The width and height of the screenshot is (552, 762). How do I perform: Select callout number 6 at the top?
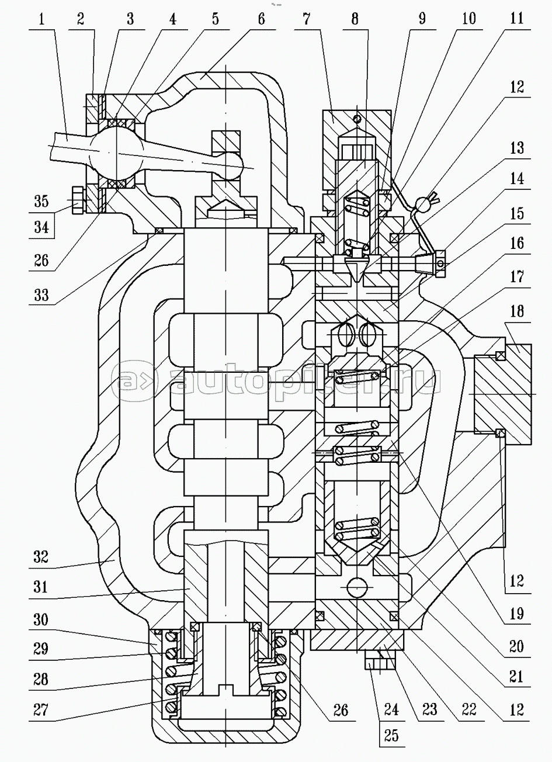click(260, 19)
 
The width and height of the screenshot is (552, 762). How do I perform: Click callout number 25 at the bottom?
click(391, 735)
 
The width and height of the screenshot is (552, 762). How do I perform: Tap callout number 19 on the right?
click(516, 614)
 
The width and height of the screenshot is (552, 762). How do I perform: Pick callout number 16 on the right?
click(516, 244)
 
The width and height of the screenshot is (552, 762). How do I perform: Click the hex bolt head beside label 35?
click(76, 200)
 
